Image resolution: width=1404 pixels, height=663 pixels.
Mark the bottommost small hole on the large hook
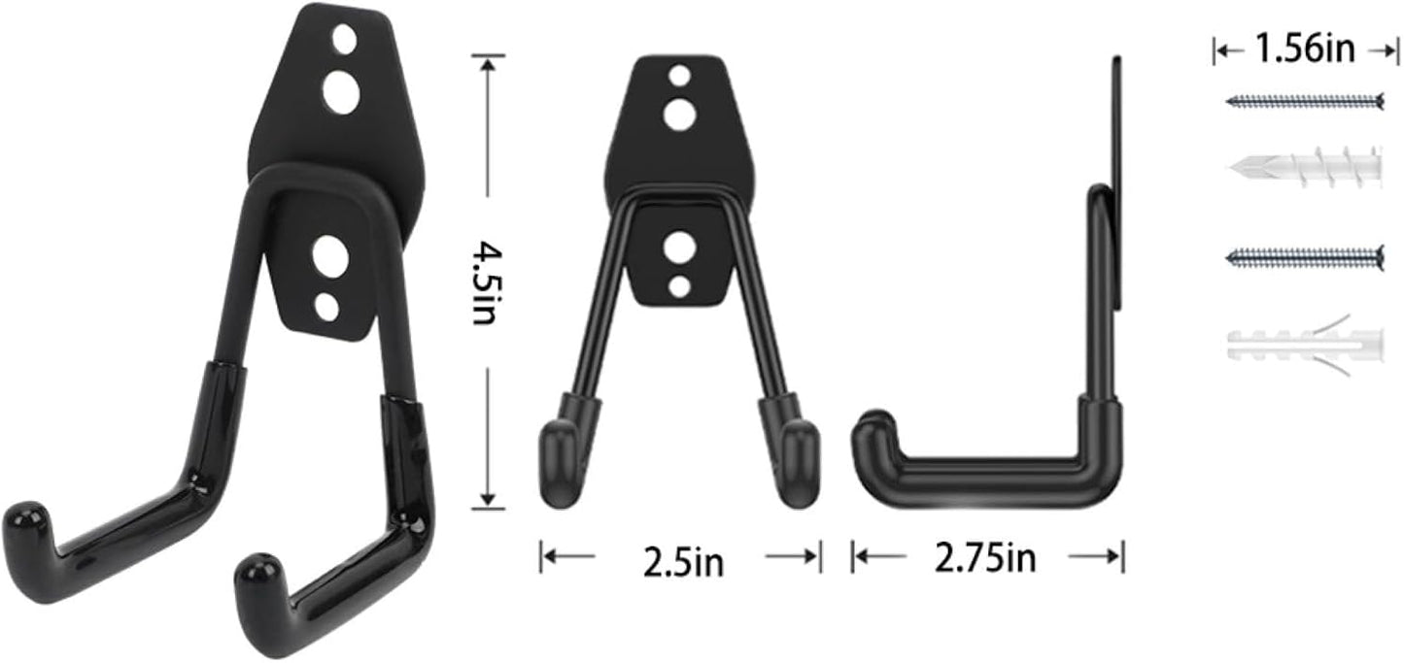[x=326, y=307]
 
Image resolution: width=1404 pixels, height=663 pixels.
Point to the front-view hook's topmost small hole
[x=679, y=75]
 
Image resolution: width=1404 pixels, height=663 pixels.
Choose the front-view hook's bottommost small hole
[x=679, y=285]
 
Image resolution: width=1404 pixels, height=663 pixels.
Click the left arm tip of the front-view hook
[x=559, y=466]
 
